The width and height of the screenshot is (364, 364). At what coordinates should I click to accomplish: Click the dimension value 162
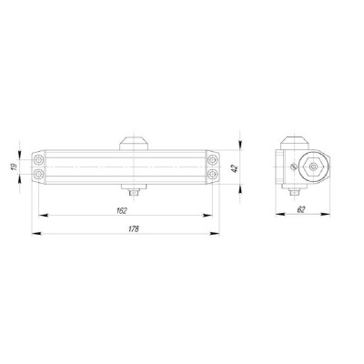point(122,211)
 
